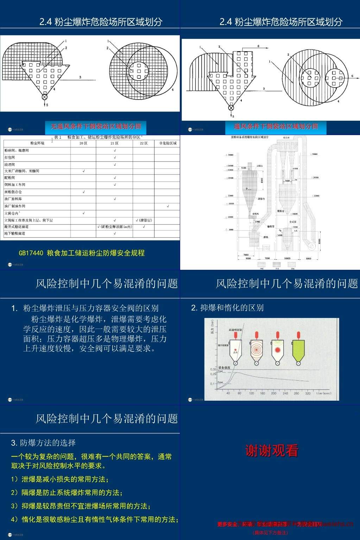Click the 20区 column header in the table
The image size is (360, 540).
[x=83, y=143]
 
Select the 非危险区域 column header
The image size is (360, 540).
[x=168, y=143]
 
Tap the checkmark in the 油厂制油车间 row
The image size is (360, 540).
[x=168, y=206]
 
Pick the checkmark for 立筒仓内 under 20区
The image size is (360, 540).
[x=83, y=213]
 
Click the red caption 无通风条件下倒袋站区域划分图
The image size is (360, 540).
[x=96, y=126]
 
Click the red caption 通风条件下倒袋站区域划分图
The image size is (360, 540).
[x=276, y=126]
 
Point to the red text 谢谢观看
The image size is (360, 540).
[x=272, y=451]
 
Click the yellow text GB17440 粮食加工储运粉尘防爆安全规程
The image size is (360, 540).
[x=82, y=253]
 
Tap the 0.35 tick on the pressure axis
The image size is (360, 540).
[x=213, y=369]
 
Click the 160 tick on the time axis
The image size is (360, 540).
[x=263, y=393]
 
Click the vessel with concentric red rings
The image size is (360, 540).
[x=257, y=351]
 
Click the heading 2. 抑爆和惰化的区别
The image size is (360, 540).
[x=227, y=308]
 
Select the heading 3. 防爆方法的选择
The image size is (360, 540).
[x=43, y=443]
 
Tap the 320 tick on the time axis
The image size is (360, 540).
[x=308, y=393]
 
